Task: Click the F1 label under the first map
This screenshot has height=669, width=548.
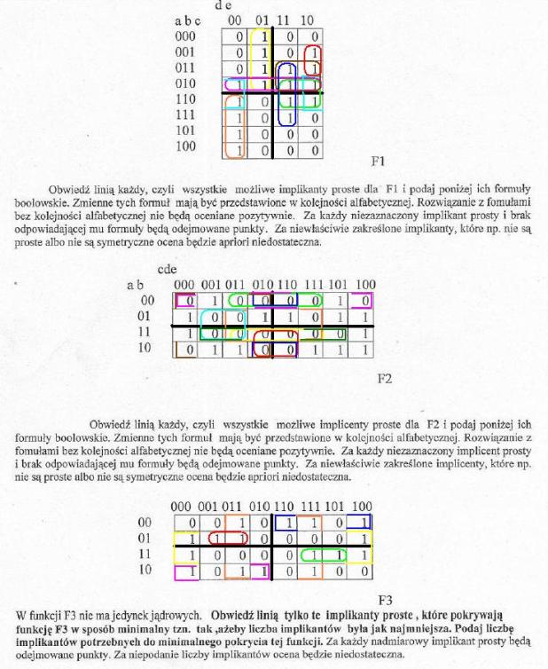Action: click(377, 162)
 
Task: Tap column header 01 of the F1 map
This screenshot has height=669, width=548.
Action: click(260, 20)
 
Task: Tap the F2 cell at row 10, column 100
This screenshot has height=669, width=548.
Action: click(364, 349)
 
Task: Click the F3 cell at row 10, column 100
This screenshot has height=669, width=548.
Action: click(364, 571)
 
